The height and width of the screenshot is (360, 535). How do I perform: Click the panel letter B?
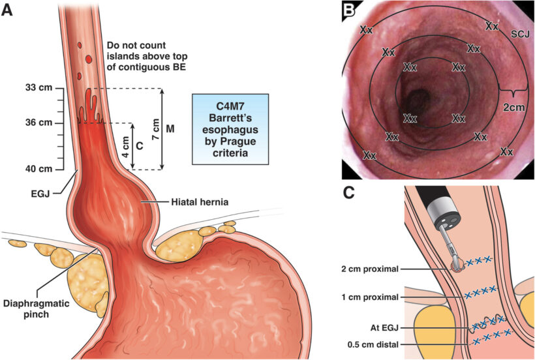point(350,10)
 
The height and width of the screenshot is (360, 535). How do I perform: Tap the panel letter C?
point(350,193)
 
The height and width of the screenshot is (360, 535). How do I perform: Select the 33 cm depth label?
point(37,88)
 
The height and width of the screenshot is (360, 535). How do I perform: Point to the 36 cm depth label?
point(37,123)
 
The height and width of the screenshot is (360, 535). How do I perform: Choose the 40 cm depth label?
point(37,170)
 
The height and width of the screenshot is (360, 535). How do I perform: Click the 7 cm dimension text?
point(155,128)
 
